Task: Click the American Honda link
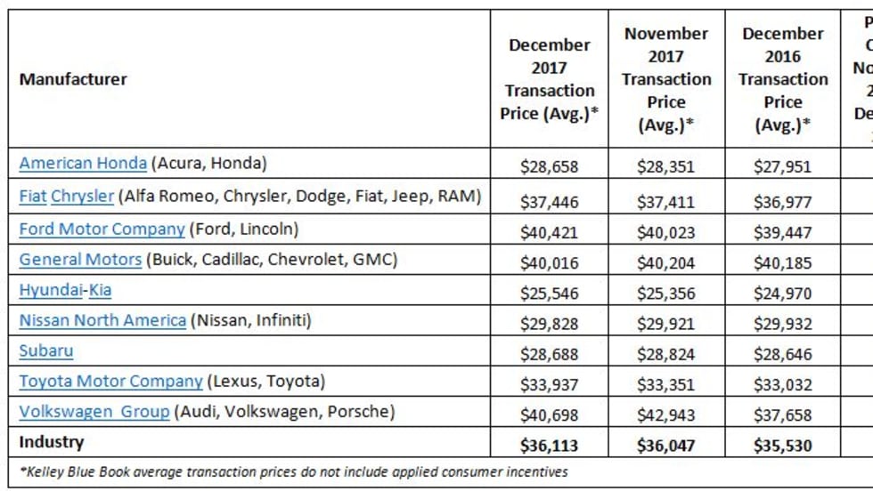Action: coord(83,163)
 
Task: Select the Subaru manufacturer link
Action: coord(46,350)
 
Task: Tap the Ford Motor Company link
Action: coord(102,229)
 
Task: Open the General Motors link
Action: coord(80,260)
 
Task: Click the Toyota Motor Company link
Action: coord(110,382)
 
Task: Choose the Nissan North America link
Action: coord(102,320)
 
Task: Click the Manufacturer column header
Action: coord(73,79)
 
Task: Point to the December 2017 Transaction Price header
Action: coord(549,79)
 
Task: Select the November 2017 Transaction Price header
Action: coord(666,79)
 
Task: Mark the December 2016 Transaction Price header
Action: coord(783,79)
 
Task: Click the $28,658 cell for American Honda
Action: coord(549,165)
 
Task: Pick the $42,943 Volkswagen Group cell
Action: coord(666,415)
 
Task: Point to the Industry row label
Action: coord(52,442)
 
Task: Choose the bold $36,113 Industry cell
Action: coord(549,444)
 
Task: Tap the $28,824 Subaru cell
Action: coord(666,353)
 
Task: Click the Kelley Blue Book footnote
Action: coord(293,471)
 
